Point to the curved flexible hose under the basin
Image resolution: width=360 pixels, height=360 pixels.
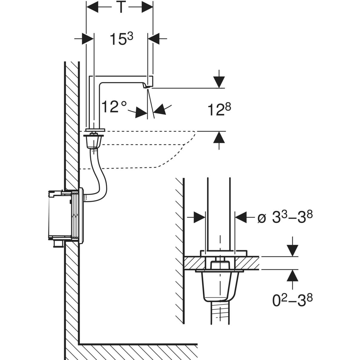tap(99, 177)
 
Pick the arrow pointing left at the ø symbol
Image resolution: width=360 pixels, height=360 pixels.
tap(241, 217)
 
